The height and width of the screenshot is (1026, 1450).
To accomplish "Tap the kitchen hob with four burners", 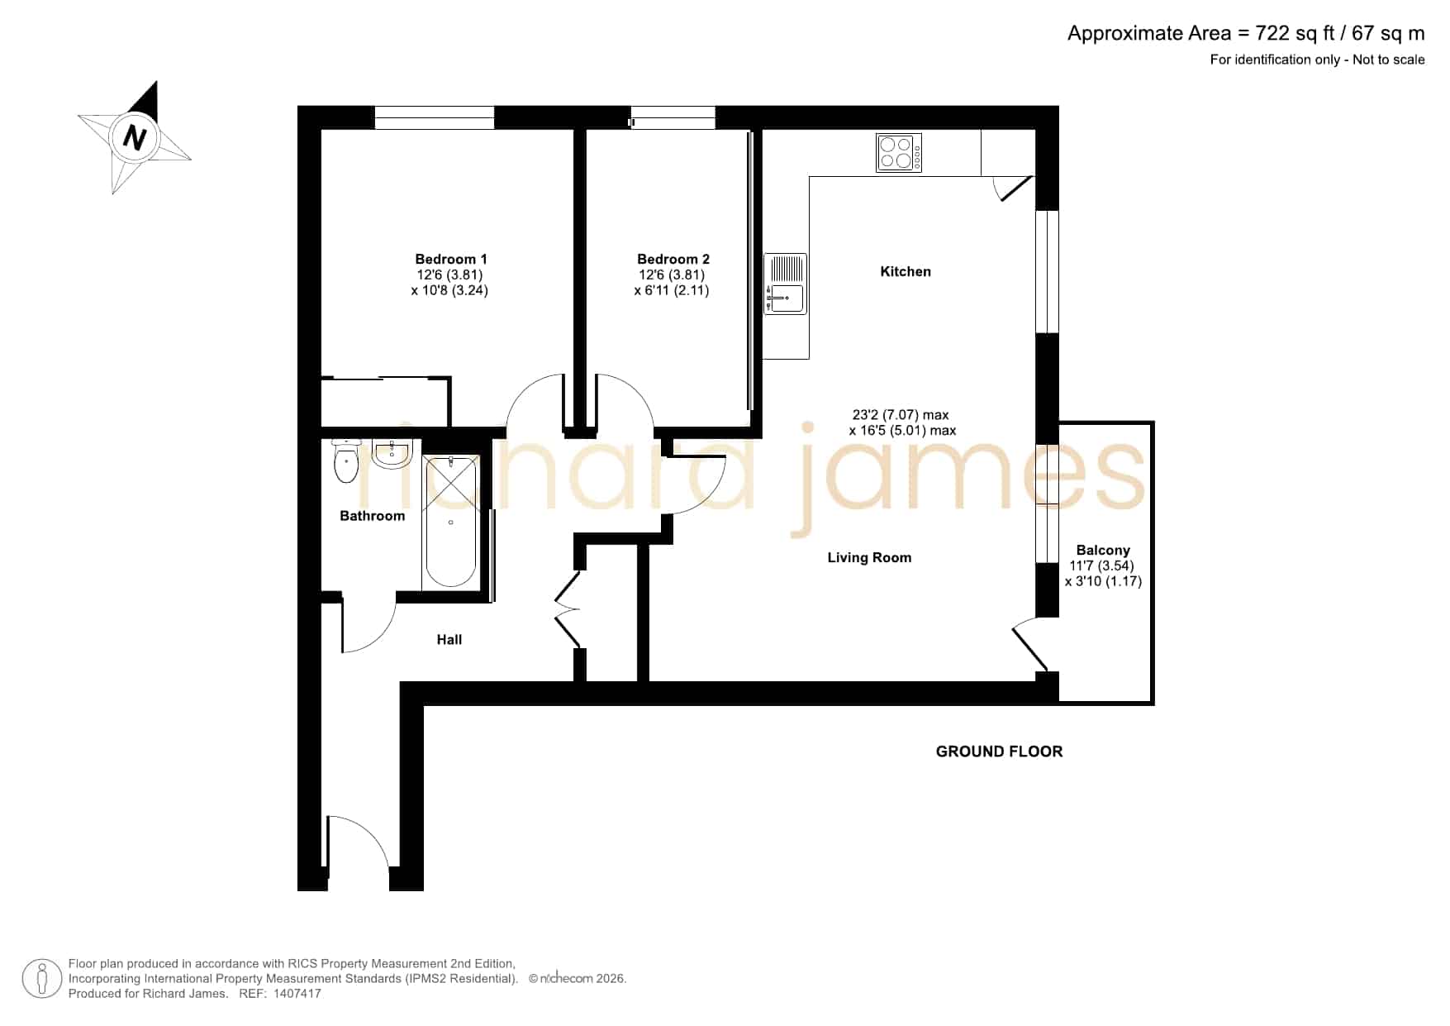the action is pyautogui.click(x=899, y=153).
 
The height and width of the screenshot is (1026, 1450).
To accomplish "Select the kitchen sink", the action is pyautogui.click(x=785, y=284).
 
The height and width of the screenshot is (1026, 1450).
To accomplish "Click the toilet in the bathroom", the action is pyautogui.click(x=345, y=461).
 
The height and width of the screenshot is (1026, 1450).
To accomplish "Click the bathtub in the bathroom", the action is pyautogui.click(x=450, y=522).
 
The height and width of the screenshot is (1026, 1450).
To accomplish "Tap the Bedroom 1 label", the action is pyautogui.click(x=450, y=259).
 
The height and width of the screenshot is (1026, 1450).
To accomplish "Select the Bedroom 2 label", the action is pyautogui.click(x=673, y=259).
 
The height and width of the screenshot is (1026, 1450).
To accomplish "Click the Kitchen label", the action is pyautogui.click(x=906, y=271).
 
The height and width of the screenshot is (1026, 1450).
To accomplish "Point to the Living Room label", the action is pyautogui.click(x=869, y=557).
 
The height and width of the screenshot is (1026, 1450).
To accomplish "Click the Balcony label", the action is pyautogui.click(x=1103, y=550).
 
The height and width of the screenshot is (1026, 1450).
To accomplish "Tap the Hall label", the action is pyautogui.click(x=449, y=639).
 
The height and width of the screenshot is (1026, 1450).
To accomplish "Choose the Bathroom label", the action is pyautogui.click(x=373, y=516).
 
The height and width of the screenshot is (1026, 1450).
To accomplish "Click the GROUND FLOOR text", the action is pyautogui.click(x=999, y=752).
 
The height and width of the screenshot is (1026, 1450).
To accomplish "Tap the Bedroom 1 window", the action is pyautogui.click(x=435, y=117).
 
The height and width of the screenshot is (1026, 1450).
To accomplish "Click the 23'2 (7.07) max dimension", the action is pyautogui.click(x=901, y=415).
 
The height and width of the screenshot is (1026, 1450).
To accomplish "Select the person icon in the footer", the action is pyautogui.click(x=42, y=979).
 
